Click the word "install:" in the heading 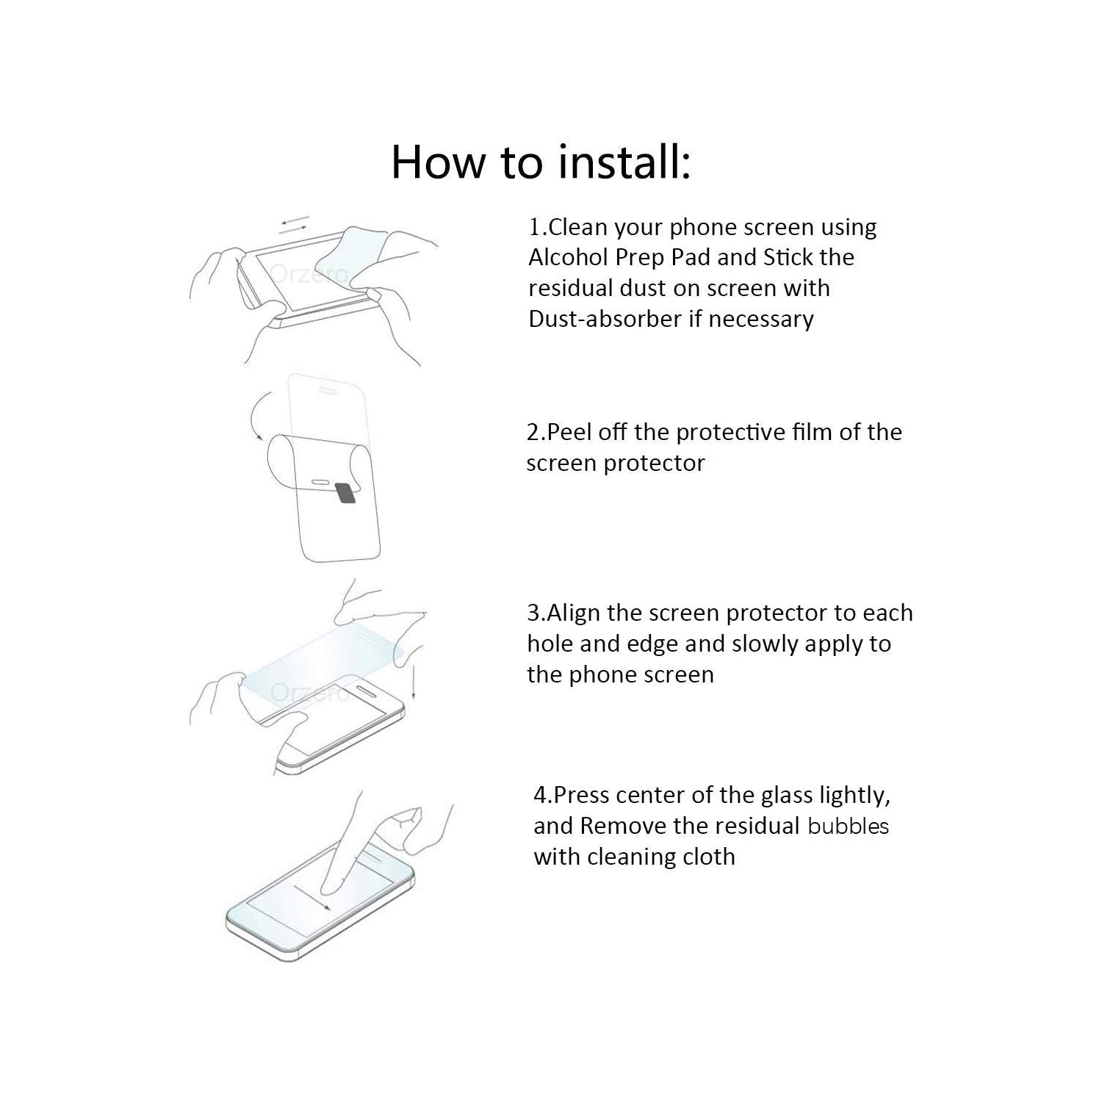point(624,162)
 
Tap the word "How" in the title point(437,162)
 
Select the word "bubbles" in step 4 point(848,826)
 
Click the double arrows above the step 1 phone point(295,225)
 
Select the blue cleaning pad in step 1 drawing point(356,250)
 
